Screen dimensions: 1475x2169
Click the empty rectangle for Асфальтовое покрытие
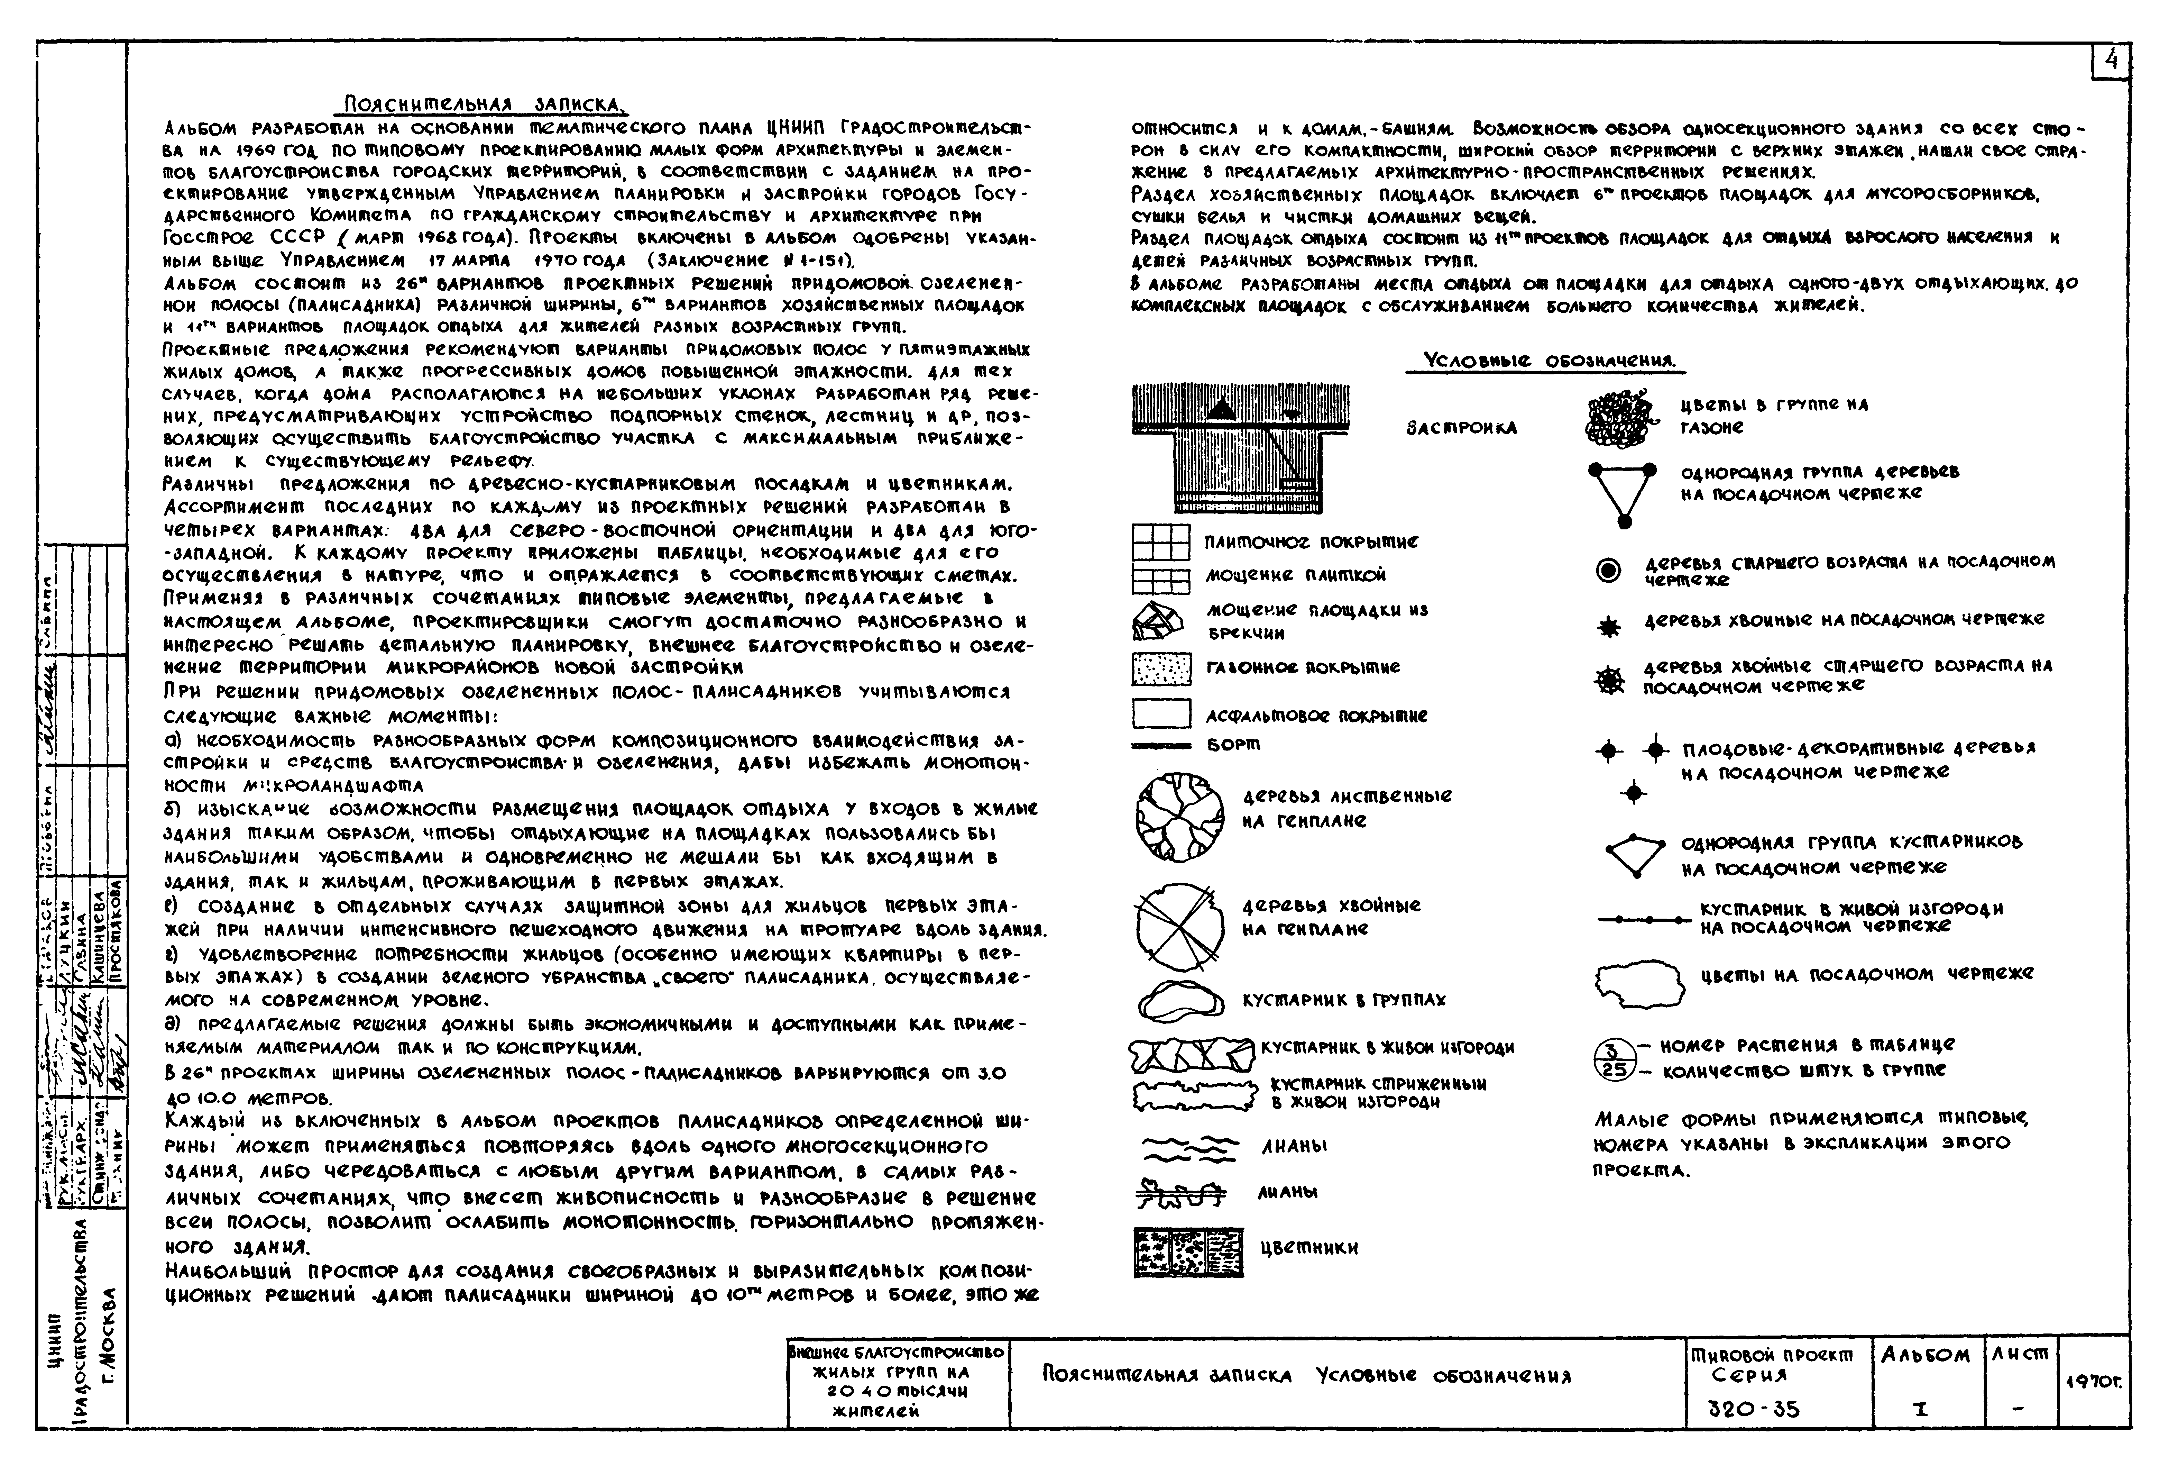[x=1161, y=714]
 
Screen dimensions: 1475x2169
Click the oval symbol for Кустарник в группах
[x=1180, y=1002]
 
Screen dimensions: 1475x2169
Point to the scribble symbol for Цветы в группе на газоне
[x=1622, y=417]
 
